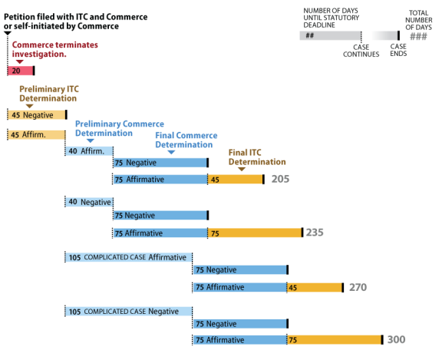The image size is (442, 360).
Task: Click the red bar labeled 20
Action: (x=20, y=71)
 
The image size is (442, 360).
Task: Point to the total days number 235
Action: (x=315, y=233)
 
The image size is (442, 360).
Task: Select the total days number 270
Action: (x=357, y=287)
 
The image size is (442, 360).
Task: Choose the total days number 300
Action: (x=396, y=340)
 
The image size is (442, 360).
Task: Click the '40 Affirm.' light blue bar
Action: (x=87, y=151)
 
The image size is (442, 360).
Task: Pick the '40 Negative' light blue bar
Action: (x=87, y=202)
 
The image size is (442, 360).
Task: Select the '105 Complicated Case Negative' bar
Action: (x=127, y=311)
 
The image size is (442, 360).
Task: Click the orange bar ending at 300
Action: (x=334, y=340)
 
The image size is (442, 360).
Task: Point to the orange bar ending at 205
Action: (x=235, y=179)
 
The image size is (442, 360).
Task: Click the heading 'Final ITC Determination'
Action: (x=257, y=157)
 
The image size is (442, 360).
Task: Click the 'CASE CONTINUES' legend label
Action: (x=360, y=50)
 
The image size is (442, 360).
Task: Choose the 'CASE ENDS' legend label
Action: (x=398, y=50)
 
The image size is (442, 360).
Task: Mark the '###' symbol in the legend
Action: (x=419, y=36)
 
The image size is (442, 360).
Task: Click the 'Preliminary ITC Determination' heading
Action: (x=48, y=94)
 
